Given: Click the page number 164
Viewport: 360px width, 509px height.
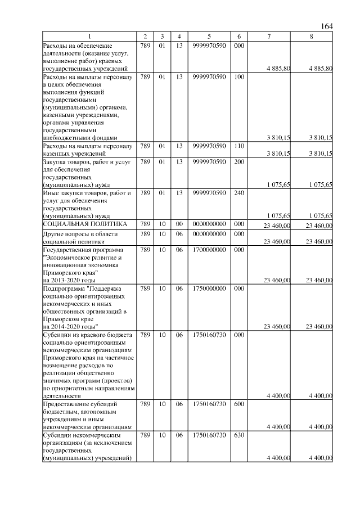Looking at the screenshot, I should tap(326, 26).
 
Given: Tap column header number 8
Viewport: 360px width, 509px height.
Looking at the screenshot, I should tap(312, 37).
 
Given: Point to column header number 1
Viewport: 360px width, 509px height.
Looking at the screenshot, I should tap(90, 37).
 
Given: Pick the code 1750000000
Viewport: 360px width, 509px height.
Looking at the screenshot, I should tap(208, 288).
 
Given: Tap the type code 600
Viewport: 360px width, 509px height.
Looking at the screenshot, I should tap(239, 404).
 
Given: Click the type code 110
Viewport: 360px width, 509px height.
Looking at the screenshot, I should tap(239, 146).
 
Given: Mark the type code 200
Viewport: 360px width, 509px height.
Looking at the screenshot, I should tap(239, 162).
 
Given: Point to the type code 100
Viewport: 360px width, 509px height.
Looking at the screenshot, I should tap(239, 76).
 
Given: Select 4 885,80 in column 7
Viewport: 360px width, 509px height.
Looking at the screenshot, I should tap(278, 68).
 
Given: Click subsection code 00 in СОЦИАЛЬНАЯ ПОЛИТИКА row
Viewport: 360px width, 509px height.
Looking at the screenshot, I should tap(179, 225).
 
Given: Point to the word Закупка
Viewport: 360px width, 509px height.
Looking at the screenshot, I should tap(55, 162).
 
